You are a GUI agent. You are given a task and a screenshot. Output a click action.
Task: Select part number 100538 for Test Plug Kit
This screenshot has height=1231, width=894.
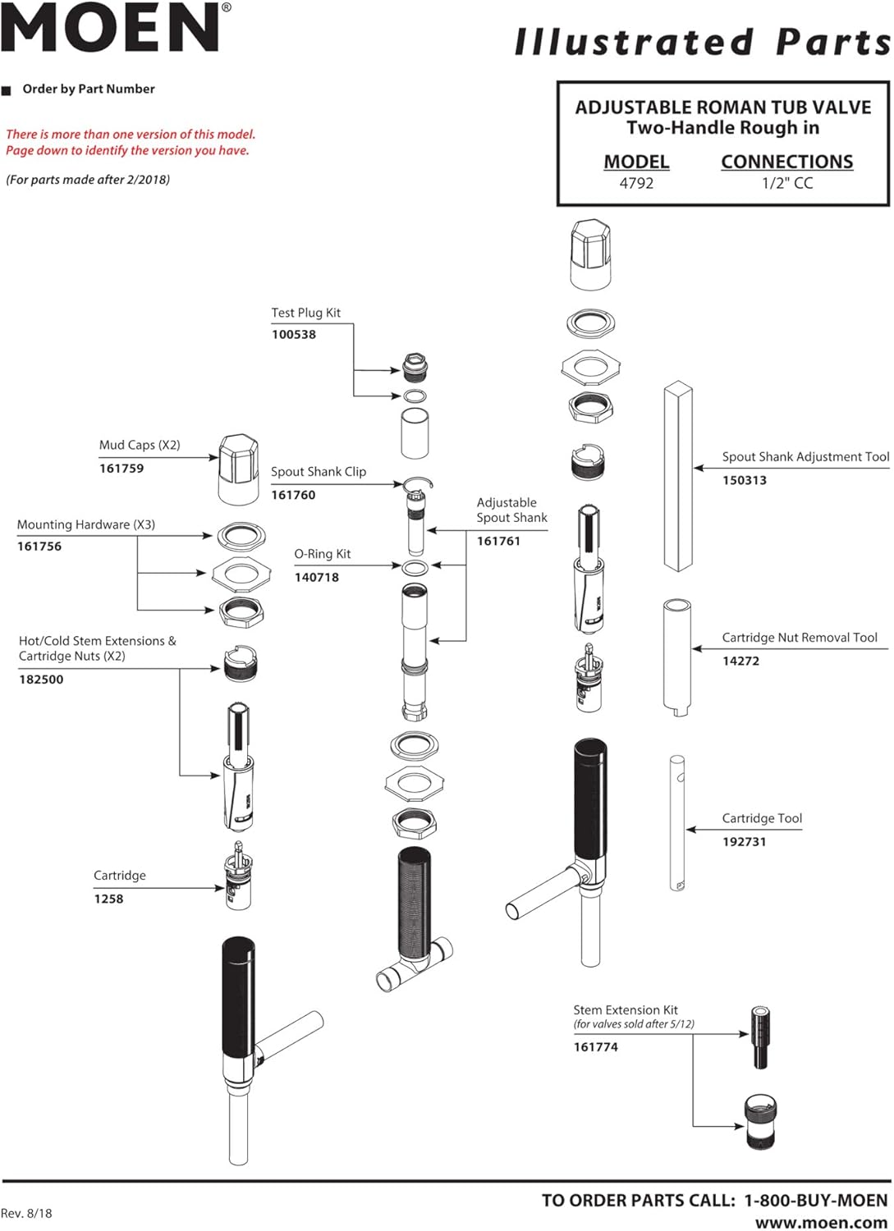[x=294, y=335]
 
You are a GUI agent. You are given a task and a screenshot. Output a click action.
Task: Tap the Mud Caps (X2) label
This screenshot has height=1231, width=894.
[x=140, y=445]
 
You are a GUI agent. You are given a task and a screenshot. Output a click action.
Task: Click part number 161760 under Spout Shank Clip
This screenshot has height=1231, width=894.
[x=293, y=495]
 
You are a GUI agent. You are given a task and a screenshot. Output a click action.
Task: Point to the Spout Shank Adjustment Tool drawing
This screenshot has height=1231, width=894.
[x=678, y=476]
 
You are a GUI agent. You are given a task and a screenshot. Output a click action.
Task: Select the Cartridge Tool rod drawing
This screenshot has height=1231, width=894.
[x=677, y=822]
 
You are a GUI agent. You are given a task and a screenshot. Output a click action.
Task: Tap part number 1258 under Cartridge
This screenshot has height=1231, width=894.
[x=108, y=899]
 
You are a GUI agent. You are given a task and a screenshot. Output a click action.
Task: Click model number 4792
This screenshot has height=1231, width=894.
[x=636, y=183]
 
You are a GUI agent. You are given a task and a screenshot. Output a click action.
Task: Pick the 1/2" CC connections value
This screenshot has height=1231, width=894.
[x=786, y=183]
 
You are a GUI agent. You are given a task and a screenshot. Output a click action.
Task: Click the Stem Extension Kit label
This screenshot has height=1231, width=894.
[x=626, y=1010]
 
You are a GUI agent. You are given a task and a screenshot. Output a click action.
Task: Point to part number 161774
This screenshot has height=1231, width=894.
[x=596, y=1047]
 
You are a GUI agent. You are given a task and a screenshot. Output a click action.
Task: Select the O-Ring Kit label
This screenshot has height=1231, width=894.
[x=323, y=554]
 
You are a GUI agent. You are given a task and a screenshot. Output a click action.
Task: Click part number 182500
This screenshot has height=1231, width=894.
[x=41, y=680]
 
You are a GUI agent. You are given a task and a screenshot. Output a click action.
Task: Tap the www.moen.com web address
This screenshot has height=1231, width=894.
[x=821, y=1223]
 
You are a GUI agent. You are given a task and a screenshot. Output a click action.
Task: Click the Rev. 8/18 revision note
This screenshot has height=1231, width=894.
[x=26, y=1213]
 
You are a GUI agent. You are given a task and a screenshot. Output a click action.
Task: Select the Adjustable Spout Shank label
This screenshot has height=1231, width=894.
[x=511, y=510]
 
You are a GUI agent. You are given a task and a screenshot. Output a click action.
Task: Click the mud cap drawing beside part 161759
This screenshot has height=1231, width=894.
[x=239, y=469]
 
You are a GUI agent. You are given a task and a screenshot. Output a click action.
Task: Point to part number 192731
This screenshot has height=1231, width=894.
[x=744, y=842]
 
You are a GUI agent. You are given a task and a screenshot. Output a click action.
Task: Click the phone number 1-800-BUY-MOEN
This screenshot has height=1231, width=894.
[x=815, y=1200]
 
